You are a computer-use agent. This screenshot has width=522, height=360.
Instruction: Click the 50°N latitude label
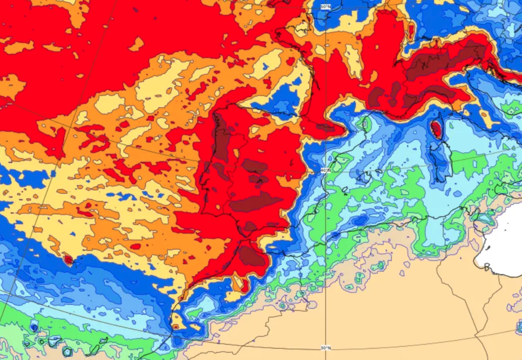[x=325, y=7]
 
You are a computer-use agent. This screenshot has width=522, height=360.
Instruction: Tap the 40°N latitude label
[x=326, y=170]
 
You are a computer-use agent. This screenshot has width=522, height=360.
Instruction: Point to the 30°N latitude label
[x=326, y=348]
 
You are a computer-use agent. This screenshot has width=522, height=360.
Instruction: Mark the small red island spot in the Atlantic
[x=68, y=260]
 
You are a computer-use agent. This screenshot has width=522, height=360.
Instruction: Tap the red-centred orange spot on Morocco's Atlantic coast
[x=176, y=323]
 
